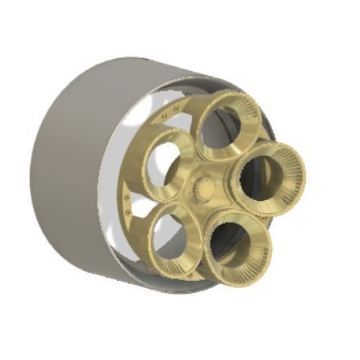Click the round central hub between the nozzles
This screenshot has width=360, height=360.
point(204,191)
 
